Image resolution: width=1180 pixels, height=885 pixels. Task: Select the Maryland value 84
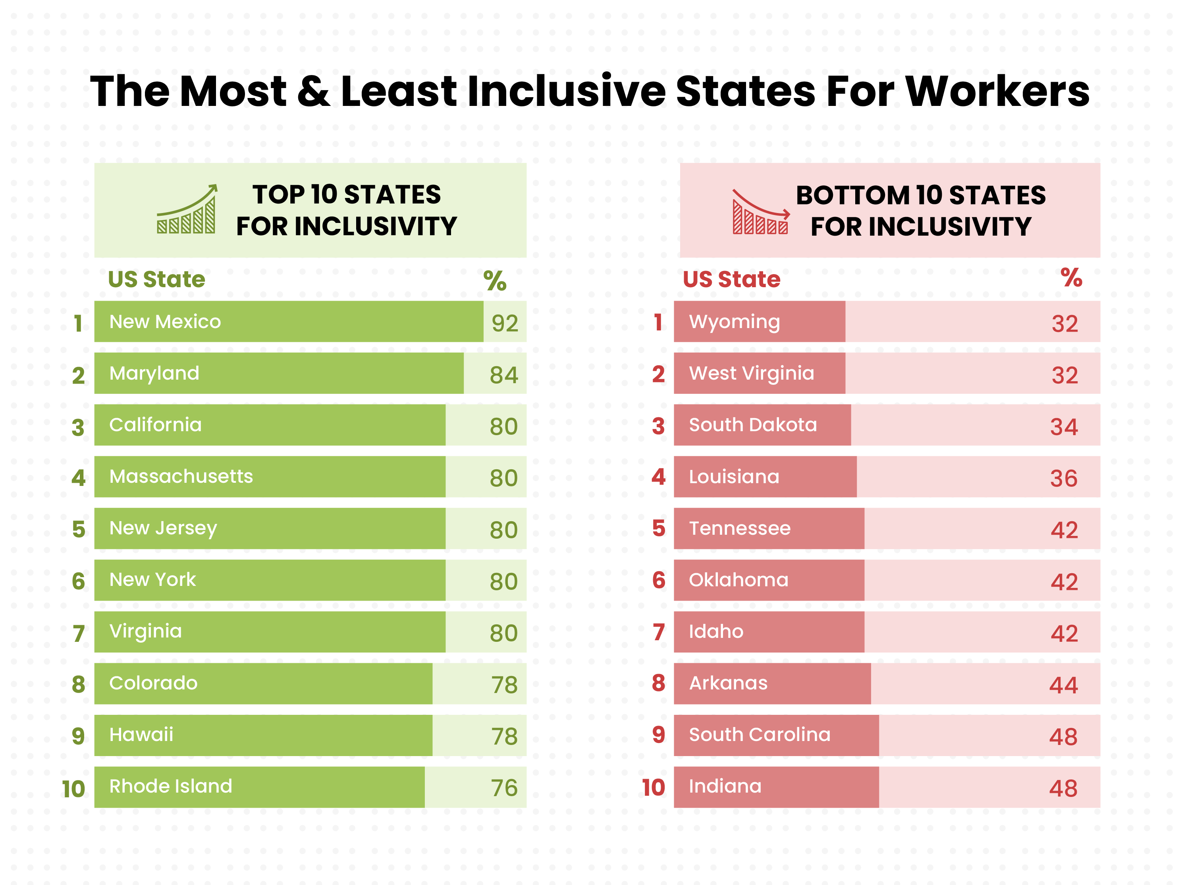pyautogui.click(x=503, y=375)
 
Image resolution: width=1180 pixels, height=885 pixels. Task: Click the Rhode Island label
pyautogui.click(x=171, y=786)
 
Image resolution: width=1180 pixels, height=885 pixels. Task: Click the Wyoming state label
pyautogui.click(x=734, y=322)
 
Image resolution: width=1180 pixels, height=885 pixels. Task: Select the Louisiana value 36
pyautogui.click(x=1064, y=479)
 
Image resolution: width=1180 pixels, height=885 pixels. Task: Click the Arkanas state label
pyautogui.click(x=728, y=683)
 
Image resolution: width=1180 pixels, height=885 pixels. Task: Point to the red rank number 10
pyautogui.click(x=654, y=788)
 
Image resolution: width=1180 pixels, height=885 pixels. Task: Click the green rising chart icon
pyautogui.click(x=187, y=210)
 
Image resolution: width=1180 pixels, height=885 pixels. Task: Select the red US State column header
pyautogui.click(x=731, y=279)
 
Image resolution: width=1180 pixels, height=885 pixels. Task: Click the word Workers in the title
pyautogui.click(x=997, y=92)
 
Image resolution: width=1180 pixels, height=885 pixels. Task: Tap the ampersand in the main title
pyautogui.click(x=313, y=92)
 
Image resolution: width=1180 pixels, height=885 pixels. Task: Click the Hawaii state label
pyautogui.click(x=141, y=735)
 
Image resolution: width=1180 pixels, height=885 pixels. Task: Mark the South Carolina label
pyautogui.click(x=760, y=735)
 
